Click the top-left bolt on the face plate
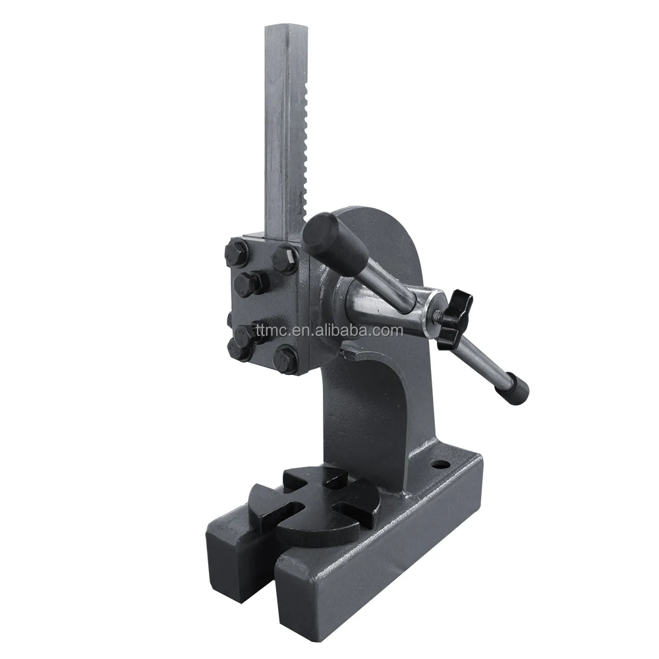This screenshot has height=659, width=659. click(x=237, y=253)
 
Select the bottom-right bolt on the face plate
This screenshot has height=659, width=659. click(x=286, y=360)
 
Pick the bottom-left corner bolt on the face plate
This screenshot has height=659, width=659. click(x=239, y=349)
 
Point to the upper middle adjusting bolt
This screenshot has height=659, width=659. click(x=250, y=283)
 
